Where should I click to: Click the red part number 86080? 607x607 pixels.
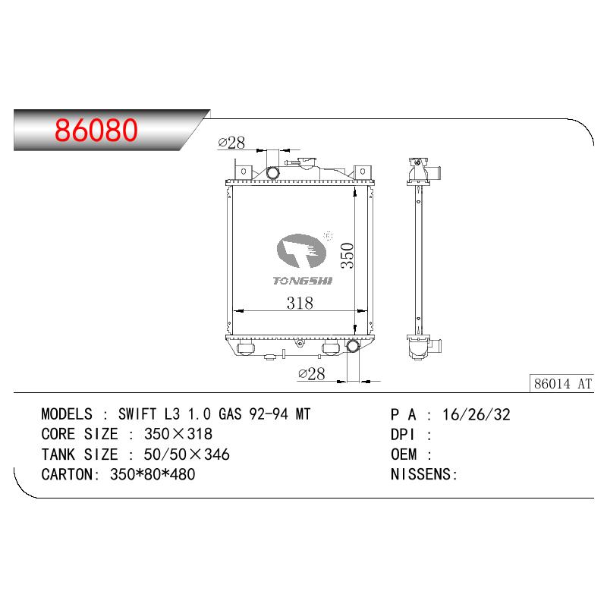pyautogui.click(x=96, y=130)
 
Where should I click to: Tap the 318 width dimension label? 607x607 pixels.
pyautogui.click(x=300, y=303)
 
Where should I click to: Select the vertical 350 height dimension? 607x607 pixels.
pyautogui.click(x=348, y=256)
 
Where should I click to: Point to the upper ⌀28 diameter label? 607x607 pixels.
pyautogui.click(x=231, y=143)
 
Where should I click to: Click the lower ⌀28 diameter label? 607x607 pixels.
pyautogui.click(x=312, y=373)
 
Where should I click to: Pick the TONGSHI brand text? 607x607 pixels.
pyautogui.click(x=303, y=281)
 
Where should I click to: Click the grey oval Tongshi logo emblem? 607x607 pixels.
pyautogui.click(x=301, y=251)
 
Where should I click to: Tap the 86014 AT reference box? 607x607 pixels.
pyautogui.click(x=562, y=384)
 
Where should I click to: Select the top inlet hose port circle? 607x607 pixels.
pyautogui.click(x=273, y=173)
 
